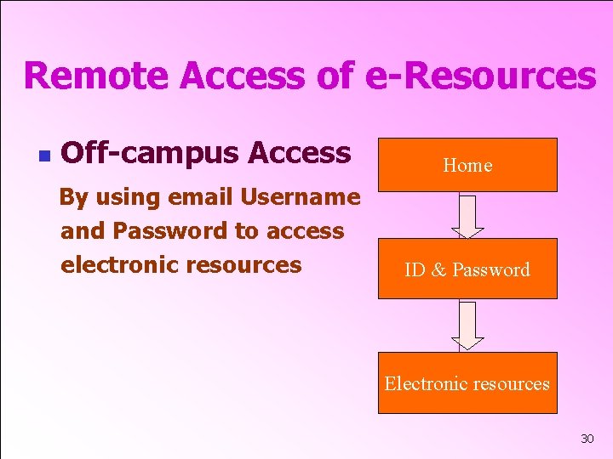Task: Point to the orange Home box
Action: tap(467, 165)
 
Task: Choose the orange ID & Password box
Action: tap(467, 269)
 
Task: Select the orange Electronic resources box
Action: tap(467, 383)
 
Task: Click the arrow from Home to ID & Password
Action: tap(467, 215)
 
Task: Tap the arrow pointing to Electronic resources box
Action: tap(467, 326)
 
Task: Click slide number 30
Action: tap(587, 439)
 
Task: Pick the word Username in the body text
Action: tap(301, 197)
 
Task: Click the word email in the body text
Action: tap(202, 197)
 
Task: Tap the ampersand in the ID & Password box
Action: tap(438, 270)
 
